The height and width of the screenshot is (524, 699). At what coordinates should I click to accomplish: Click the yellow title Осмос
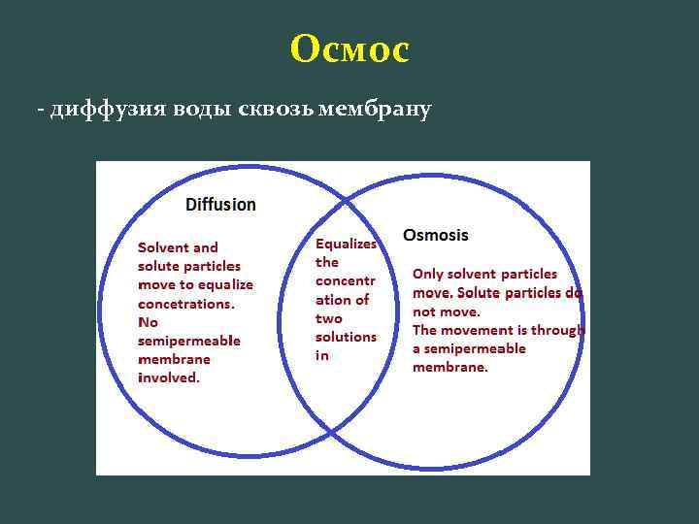pos(349,49)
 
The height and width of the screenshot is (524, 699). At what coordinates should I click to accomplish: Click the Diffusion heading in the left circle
pos(220,205)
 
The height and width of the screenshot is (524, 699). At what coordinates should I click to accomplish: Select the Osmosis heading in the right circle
pos(436,235)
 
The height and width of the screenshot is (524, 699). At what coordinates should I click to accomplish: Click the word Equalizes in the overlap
pos(347,245)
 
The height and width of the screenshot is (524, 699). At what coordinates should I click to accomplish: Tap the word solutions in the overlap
pos(346,337)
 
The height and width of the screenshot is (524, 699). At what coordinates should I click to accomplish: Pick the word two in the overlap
pos(329,318)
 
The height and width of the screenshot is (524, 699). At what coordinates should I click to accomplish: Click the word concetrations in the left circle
pos(185,303)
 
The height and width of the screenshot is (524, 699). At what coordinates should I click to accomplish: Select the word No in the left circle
pos(148,321)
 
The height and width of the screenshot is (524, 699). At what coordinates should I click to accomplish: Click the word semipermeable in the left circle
pos(189,341)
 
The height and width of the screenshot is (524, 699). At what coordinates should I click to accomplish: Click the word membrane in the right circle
pos(449,368)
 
